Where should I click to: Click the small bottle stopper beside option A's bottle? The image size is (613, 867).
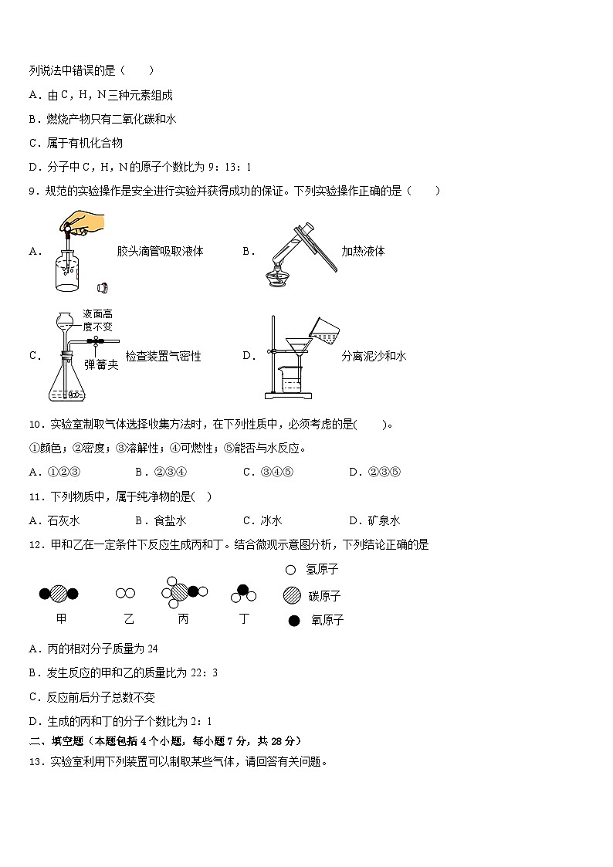(x=101, y=288)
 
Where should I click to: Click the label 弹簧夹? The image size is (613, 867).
(x=101, y=364)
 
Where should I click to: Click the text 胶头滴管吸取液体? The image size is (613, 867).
(x=160, y=251)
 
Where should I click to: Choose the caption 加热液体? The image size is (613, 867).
(x=363, y=251)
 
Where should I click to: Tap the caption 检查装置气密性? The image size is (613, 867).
(x=163, y=356)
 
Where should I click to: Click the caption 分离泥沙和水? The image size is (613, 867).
(x=374, y=356)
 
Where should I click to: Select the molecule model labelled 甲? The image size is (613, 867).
(x=59, y=594)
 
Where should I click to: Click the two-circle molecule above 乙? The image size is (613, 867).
(x=125, y=593)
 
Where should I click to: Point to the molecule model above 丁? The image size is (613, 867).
(x=242, y=594)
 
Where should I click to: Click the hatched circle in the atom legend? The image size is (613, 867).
(x=291, y=595)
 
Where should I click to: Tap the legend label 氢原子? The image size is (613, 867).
(x=323, y=570)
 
